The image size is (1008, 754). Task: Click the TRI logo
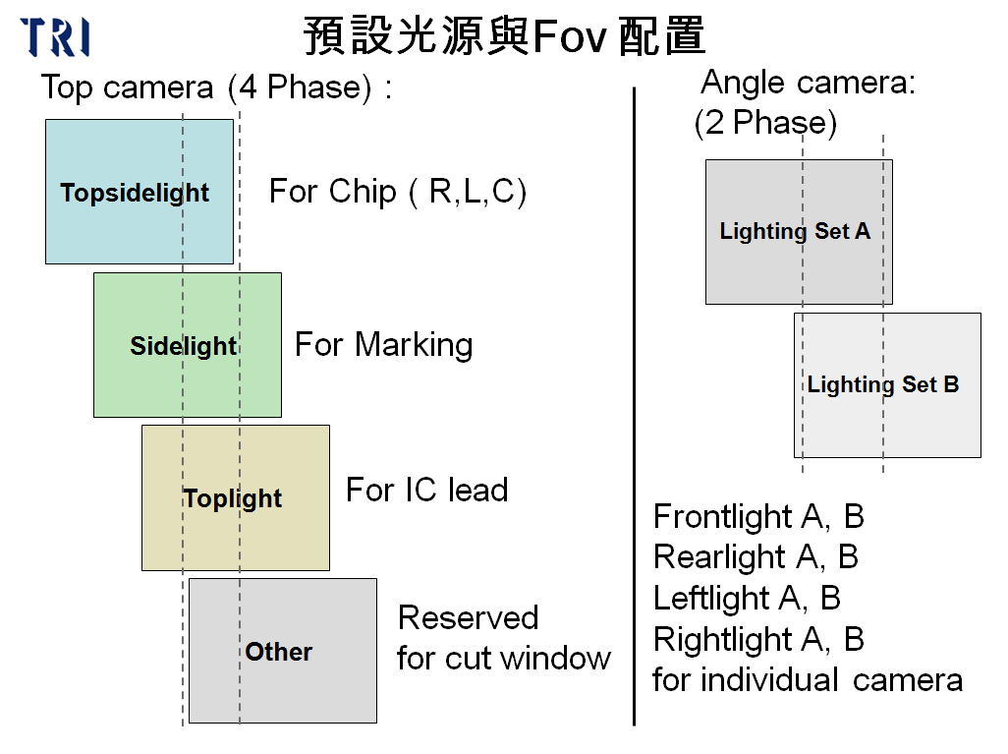pos(56,36)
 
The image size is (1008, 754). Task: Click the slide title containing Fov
pos(504,36)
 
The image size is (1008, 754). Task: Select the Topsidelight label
pos(135,193)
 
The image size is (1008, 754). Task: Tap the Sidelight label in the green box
pos(184,346)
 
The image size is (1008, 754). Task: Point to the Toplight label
pos(233,498)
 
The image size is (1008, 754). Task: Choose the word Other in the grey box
pos(279,652)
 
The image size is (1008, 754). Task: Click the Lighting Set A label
pos(795,232)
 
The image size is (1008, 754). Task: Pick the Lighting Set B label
pos(882,384)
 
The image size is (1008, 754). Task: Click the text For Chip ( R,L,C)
pos(398,191)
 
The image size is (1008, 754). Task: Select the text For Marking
pos(383,344)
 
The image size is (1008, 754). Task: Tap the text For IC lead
pos(426,490)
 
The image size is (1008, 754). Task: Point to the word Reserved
pos(468,617)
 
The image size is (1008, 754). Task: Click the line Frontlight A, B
pos(757,516)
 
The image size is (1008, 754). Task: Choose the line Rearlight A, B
pos(756,556)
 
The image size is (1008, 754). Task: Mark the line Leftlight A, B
pos(747,598)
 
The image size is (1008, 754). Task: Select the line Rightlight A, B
pos(757,639)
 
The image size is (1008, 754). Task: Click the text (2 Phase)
pos(765,123)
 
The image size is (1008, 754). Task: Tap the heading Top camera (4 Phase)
pos(216,87)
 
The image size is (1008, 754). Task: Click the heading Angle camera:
pos(808,83)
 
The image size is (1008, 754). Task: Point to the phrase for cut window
pos(503,658)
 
